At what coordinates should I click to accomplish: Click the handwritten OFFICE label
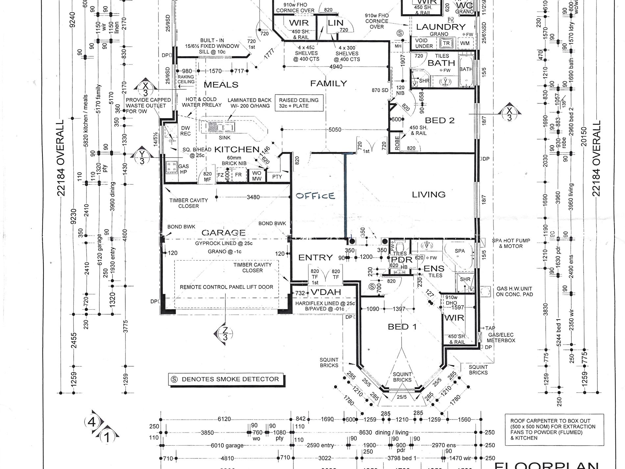[x=315, y=196]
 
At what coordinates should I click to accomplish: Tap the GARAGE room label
[x=224, y=233]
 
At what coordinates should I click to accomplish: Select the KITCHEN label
[x=237, y=149]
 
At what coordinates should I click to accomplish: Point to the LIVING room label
[x=429, y=195]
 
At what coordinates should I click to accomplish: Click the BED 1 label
[x=402, y=327]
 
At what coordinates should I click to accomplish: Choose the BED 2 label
[x=439, y=120]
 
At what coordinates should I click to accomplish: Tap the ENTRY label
[x=315, y=257]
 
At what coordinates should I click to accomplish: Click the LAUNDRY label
[x=441, y=27]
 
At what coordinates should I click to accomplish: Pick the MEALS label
[x=221, y=85]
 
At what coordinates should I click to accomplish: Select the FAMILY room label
[x=328, y=84]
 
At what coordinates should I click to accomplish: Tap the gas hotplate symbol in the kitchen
[x=172, y=167]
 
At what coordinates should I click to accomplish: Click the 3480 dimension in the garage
[x=253, y=197]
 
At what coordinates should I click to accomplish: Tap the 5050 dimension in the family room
[x=335, y=130]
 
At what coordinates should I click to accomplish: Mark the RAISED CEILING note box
[x=298, y=103]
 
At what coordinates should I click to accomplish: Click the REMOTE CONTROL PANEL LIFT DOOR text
[x=226, y=287]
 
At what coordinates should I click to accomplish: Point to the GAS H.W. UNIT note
[x=514, y=292]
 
